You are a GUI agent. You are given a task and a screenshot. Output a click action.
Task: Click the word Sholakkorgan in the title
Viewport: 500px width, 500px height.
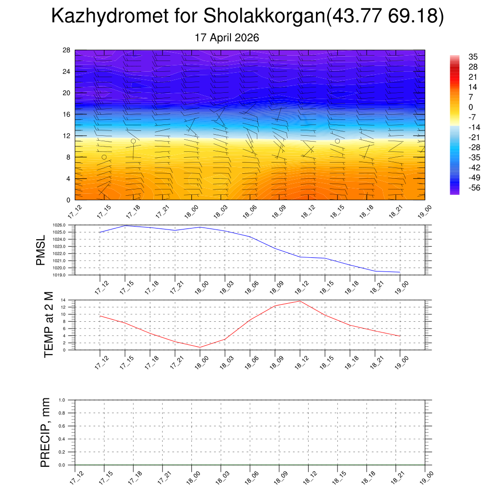pos(264,15)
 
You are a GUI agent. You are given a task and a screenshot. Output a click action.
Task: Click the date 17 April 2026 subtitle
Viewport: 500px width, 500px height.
pos(227,38)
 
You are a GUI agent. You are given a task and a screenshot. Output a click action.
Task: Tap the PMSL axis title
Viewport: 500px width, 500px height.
pos(41,250)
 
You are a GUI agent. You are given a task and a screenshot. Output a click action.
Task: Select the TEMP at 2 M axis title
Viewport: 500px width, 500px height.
pos(48,325)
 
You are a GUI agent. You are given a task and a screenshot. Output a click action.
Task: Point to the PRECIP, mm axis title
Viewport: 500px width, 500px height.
pos(45,433)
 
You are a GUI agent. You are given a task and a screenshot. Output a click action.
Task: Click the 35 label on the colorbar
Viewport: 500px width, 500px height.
pos(473,57)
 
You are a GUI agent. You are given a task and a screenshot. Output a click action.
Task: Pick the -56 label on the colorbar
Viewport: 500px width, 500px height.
pos(474,187)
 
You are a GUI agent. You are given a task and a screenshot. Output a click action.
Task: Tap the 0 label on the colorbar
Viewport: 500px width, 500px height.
pos(471,107)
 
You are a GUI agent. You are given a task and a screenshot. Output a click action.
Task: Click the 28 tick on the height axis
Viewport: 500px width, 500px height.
pos(66,50)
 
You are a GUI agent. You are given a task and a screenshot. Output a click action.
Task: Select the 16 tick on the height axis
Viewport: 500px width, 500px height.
pos(66,114)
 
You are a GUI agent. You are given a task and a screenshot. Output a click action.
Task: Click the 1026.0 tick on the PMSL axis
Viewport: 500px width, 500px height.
pos(59,225)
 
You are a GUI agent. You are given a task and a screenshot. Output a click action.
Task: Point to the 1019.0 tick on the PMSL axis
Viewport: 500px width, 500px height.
pos(59,275)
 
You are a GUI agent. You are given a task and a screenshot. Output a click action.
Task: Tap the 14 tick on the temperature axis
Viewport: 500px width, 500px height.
pos(63,300)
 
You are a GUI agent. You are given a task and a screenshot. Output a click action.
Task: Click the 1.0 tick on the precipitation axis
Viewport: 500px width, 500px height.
pos(62,400)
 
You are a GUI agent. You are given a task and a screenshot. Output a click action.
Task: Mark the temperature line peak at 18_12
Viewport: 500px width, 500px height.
pos(300,301)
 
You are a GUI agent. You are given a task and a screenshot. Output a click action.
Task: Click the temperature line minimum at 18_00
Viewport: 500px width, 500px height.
pos(200,347)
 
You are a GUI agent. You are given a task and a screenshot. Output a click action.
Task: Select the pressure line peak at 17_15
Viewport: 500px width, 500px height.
pos(125,226)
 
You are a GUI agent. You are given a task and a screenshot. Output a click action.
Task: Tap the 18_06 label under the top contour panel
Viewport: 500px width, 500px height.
pos(250,212)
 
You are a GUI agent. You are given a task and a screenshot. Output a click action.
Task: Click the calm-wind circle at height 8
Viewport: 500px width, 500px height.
pos(104,157)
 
